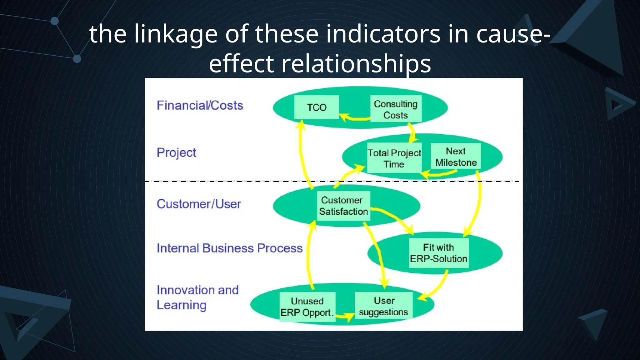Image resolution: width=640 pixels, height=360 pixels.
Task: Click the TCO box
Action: [317, 107]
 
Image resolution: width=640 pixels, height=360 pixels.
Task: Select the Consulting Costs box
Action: [396, 109]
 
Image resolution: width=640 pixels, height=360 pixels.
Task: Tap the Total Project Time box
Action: [394, 158]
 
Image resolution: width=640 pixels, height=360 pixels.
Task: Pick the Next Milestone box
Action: [456, 156]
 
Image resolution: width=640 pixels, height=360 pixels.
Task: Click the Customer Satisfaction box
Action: [343, 206]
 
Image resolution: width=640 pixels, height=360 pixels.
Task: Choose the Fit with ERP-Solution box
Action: [438, 253]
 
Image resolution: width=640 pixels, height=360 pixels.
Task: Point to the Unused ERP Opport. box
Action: [307, 307]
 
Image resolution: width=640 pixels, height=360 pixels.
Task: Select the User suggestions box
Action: [383, 306]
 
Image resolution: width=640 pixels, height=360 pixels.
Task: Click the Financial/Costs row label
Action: [200, 105]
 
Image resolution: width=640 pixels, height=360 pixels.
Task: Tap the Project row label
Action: [176, 152]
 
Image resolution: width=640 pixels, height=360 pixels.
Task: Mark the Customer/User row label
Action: [199, 204]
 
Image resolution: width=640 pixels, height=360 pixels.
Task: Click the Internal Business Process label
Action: [230, 248]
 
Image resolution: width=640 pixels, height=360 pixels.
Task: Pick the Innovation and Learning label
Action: [197, 297]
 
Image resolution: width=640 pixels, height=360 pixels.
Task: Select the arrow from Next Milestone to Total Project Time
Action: [441, 173]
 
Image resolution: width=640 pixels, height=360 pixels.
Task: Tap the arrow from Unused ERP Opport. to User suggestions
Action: [344, 317]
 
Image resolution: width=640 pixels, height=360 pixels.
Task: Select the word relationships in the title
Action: [356, 63]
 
